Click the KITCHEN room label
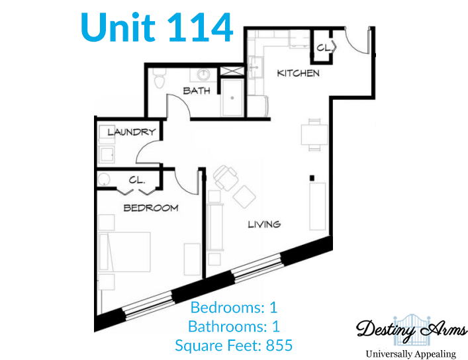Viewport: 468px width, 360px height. point(298,73)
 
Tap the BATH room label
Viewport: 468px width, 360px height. point(197,91)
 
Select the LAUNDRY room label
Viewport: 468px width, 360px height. point(132,132)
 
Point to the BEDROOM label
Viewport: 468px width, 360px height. point(151,208)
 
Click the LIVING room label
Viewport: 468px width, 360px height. point(264,224)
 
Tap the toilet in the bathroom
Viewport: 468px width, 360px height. point(159,78)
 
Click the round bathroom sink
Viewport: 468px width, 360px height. point(204,73)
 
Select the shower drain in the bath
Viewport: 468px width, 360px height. point(232,98)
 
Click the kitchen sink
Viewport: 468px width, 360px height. point(256,67)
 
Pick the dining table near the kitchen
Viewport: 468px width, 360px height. point(314,134)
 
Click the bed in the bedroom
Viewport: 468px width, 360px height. point(124,252)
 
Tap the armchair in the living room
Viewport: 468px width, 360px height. point(226,177)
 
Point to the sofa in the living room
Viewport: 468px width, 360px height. point(215,226)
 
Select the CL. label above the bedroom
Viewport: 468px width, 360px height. point(137,180)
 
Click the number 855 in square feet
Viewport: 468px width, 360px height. point(279,345)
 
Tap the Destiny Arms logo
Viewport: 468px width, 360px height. point(411,330)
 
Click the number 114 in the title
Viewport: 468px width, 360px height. point(200,28)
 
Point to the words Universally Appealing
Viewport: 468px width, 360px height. point(411,354)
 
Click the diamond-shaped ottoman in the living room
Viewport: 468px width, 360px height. point(244,197)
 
